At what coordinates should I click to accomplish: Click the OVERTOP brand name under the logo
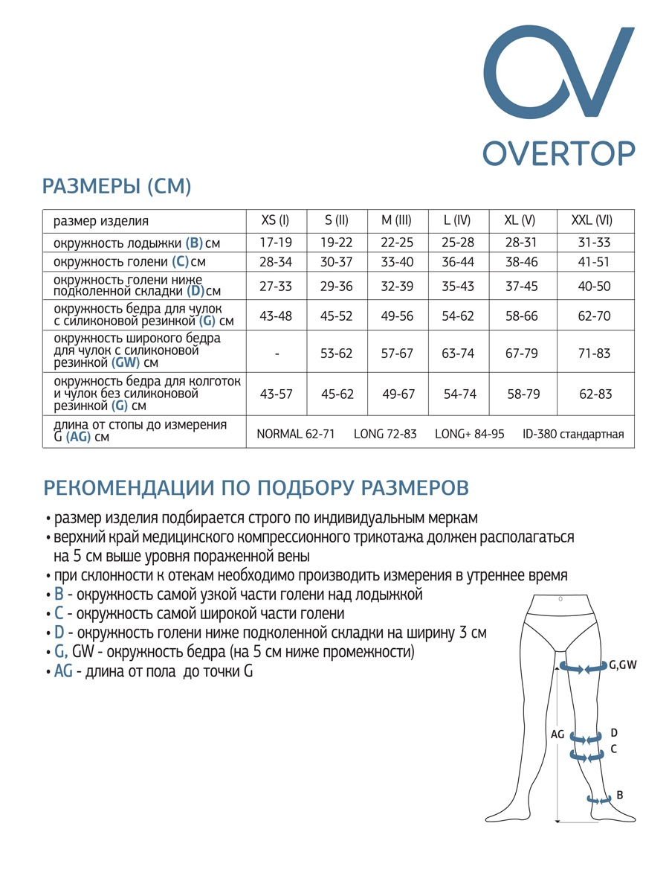point(558,153)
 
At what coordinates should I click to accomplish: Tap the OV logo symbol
point(558,73)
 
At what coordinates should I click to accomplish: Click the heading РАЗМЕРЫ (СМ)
point(117,186)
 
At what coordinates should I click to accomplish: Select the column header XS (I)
point(275,221)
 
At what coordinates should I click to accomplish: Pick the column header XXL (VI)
point(592,221)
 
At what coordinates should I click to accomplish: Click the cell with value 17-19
point(276,243)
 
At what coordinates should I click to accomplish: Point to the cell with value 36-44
point(458,262)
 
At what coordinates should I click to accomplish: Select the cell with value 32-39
point(397,287)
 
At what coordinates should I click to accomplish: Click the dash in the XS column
point(277,354)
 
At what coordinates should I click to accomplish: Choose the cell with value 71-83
point(594,353)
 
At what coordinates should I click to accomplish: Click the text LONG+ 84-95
point(469,434)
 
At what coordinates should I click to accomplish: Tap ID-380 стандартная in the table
point(573,434)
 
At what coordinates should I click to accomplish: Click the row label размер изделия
point(101,221)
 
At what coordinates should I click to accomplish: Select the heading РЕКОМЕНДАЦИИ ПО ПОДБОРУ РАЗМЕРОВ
point(256,487)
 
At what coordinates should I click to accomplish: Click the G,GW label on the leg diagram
point(623,665)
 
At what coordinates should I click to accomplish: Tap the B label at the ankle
point(620,795)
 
